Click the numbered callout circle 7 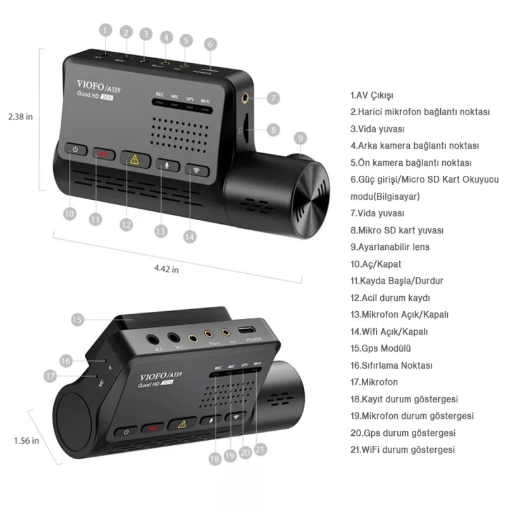273,99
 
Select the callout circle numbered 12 126,224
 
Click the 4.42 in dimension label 166,269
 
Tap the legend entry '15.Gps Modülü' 381,348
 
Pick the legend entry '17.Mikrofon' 374,382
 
